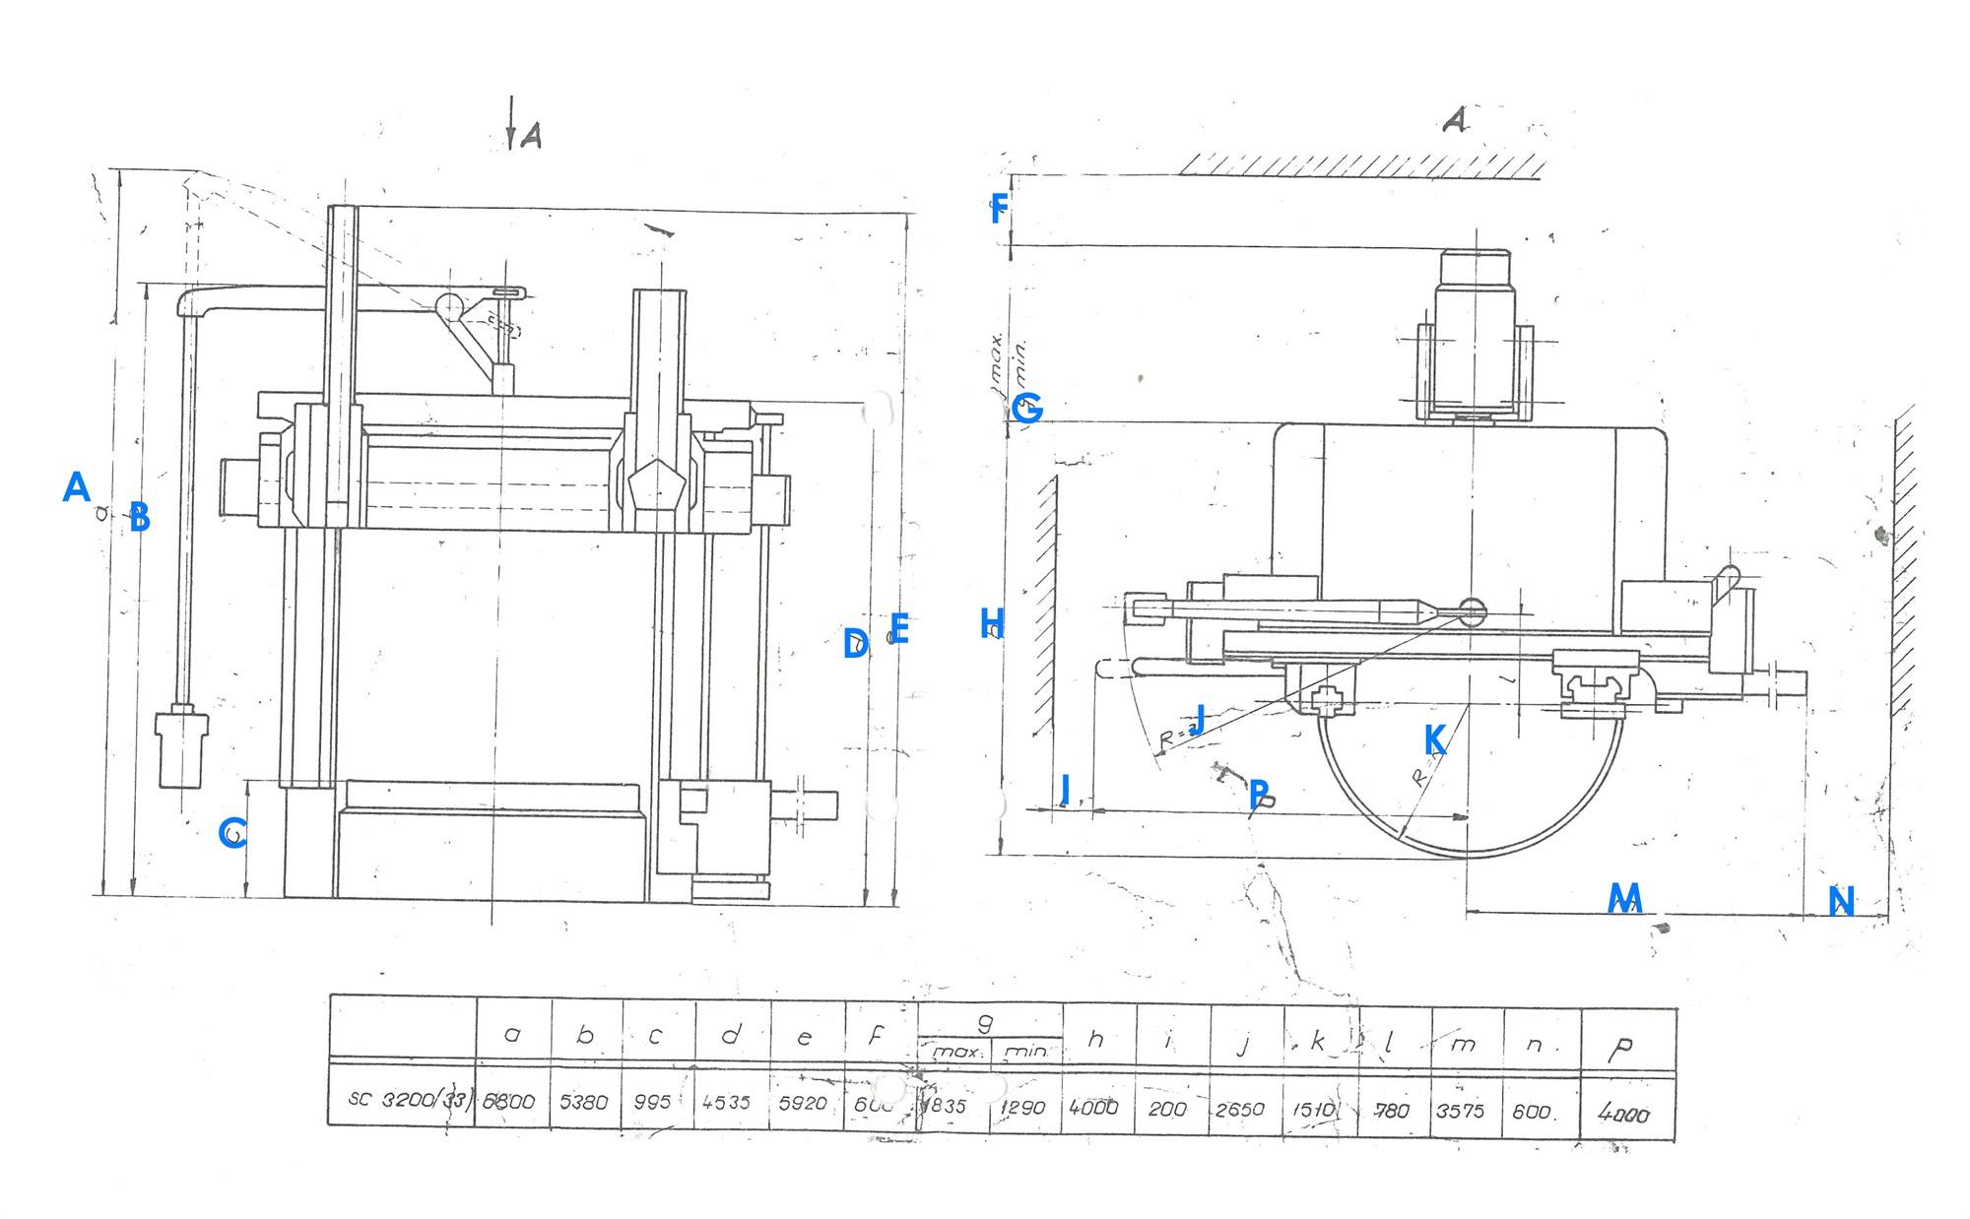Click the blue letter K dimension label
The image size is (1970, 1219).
1435,739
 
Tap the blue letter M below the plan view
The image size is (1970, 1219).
1624,898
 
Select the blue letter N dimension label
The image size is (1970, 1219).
1841,901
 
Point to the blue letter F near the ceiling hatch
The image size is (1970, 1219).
999,209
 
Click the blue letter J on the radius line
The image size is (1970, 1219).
1199,718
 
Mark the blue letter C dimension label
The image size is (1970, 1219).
232,833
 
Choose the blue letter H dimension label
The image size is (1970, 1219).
992,623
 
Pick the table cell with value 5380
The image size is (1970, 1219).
584,1102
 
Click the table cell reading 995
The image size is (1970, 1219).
653,1102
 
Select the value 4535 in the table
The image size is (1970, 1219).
727,1102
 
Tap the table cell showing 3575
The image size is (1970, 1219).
1461,1110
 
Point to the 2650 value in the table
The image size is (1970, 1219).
1240,1109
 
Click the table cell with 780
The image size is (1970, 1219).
1390,1110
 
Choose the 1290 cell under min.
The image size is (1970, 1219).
1022,1108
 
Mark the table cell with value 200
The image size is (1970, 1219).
1167,1109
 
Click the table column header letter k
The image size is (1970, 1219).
1318,1042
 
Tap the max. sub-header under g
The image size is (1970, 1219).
953,1052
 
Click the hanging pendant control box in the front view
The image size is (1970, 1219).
182,748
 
